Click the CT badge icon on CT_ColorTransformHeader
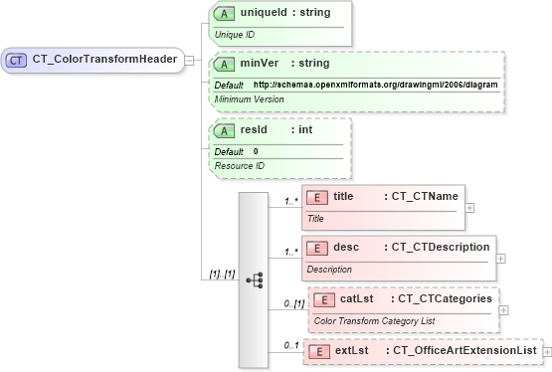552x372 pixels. [x=17, y=60]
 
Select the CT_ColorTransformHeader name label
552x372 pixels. [x=103, y=60]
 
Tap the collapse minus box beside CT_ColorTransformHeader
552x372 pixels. [x=189, y=60]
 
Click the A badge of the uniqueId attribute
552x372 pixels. [x=226, y=13]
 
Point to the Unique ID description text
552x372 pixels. [x=235, y=34]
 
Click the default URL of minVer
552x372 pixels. [x=375, y=85]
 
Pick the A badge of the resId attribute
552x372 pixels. [x=226, y=130]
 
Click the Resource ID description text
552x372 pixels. [x=240, y=165]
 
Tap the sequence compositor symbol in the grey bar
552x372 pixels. [x=254, y=280]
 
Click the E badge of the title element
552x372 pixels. [x=317, y=197]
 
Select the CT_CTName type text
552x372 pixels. [x=421, y=197]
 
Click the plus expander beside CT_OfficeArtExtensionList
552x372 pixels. [x=547, y=351]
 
